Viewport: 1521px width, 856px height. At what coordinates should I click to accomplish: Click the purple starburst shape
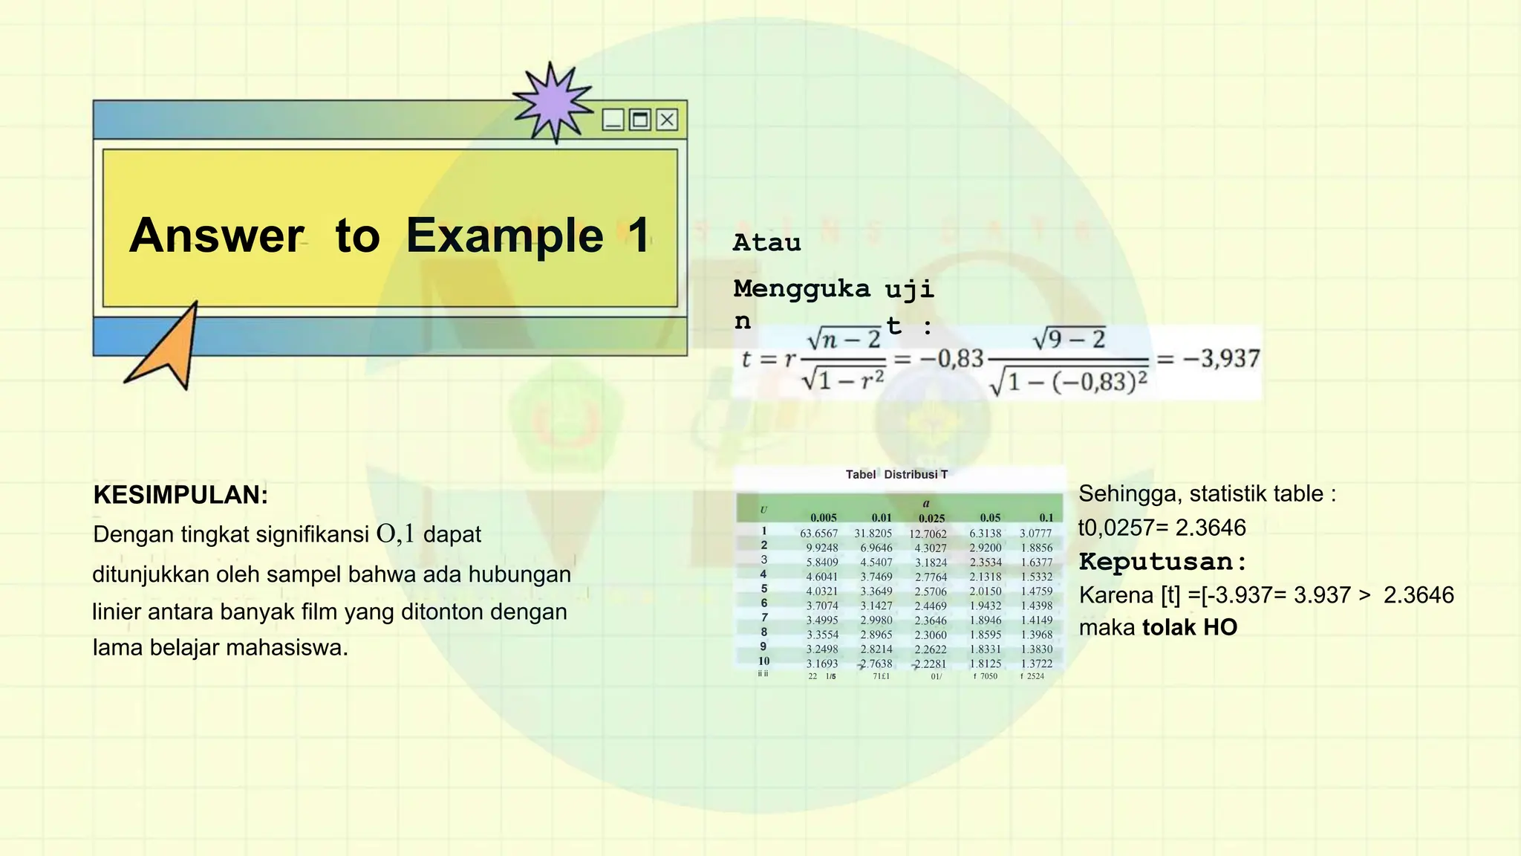pyautogui.click(x=553, y=103)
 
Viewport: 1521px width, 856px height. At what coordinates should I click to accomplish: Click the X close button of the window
pyautogui.click(x=667, y=120)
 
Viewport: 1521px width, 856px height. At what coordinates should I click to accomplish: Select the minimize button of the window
pyautogui.click(x=613, y=120)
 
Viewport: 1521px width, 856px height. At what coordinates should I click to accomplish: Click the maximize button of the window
pyautogui.click(x=639, y=120)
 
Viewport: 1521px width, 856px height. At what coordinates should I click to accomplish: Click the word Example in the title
pyautogui.click(x=504, y=236)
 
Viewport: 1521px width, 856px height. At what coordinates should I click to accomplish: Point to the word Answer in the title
pyautogui.click(x=216, y=236)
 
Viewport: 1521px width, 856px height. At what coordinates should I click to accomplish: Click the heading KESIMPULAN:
pyautogui.click(x=180, y=495)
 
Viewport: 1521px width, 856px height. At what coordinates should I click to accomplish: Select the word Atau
pyautogui.click(x=766, y=243)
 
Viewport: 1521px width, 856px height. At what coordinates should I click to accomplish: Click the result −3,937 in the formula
pyautogui.click(x=1221, y=359)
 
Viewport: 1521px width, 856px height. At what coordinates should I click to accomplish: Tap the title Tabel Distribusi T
pyautogui.click(x=896, y=474)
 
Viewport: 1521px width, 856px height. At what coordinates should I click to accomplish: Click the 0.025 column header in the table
pyautogui.click(x=931, y=519)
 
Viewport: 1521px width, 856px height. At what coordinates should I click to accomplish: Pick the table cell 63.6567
pyautogui.click(x=818, y=534)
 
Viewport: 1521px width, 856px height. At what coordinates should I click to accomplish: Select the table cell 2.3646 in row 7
pyautogui.click(x=931, y=620)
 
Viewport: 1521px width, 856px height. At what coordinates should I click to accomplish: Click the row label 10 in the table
pyautogui.click(x=763, y=661)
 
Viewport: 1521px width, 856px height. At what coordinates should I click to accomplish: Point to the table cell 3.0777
pyautogui.click(x=1035, y=534)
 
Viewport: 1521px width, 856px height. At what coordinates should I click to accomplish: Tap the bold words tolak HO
pyautogui.click(x=1190, y=627)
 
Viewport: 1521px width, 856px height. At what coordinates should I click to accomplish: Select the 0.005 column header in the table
pyautogui.click(x=823, y=518)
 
